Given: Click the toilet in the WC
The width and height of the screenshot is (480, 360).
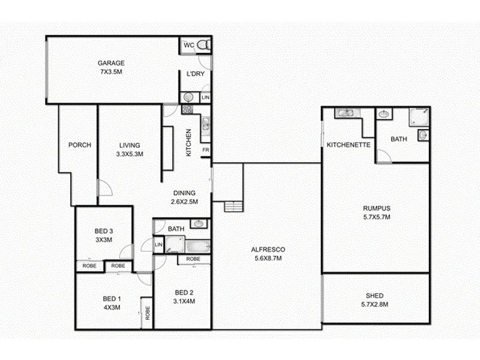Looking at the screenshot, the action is (x=204, y=45).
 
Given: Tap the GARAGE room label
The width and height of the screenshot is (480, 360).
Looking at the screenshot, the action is (x=111, y=63).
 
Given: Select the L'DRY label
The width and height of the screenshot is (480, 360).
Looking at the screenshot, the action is (x=196, y=74).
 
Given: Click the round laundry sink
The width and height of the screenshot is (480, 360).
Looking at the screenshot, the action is (x=188, y=97).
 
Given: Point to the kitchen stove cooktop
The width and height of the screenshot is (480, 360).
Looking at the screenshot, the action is (x=187, y=109).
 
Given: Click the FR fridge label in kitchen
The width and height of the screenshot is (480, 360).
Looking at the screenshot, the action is (x=206, y=150).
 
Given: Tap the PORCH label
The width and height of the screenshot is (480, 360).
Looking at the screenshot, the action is (x=80, y=145).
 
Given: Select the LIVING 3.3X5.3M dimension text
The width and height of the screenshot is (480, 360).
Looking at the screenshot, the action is (x=130, y=154).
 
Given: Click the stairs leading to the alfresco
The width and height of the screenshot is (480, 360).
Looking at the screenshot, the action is (x=233, y=206).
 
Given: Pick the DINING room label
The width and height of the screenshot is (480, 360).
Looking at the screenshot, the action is (x=184, y=193).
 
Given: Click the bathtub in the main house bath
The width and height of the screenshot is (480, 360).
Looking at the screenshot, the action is (x=198, y=246).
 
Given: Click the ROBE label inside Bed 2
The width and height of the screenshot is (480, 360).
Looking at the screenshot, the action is (x=193, y=259).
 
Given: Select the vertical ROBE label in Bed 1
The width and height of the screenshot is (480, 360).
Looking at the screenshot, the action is (x=148, y=313).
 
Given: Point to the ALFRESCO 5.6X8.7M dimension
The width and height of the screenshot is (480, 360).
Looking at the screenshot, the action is (x=268, y=258).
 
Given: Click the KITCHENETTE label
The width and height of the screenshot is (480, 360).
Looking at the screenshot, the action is (x=349, y=145).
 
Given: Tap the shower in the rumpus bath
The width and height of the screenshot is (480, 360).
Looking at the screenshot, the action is (x=419, y=116).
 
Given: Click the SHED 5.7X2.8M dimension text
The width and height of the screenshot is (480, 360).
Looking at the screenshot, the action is (x=374, y=304).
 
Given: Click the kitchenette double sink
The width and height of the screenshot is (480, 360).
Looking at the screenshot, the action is (x=346, y=113).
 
